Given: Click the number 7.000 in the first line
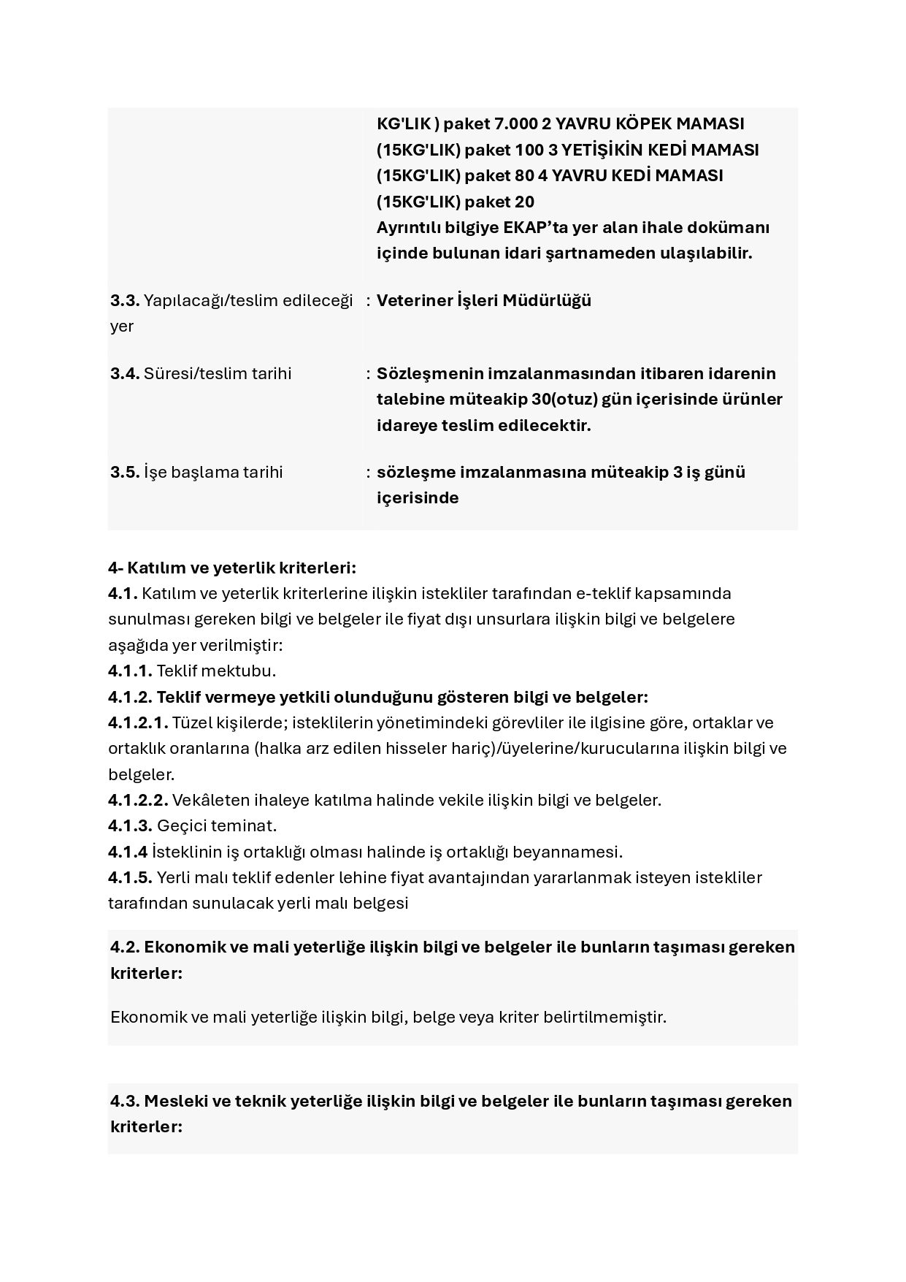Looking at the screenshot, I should (516, 123).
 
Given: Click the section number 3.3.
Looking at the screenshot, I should (125, 300).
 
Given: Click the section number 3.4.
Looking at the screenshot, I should (125, 373).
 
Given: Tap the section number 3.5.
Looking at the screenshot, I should (125, 472).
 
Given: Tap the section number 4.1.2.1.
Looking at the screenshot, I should (138, 722).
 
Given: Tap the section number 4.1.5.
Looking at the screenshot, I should (130, 877).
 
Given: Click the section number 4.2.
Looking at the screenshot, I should (125, 947).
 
